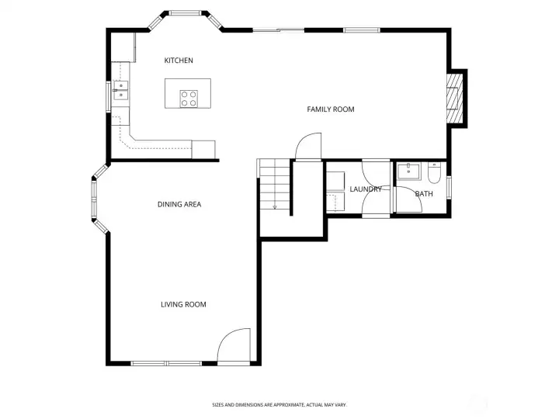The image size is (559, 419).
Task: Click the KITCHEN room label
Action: tap(179, 61)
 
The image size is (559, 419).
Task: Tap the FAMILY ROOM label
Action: tap(331, 109)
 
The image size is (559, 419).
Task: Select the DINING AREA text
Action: tap(179, 205)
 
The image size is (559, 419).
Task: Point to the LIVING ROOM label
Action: tap(183, 305)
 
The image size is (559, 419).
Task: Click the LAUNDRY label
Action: tap(366, 189)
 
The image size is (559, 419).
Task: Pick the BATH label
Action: tap(424, 194)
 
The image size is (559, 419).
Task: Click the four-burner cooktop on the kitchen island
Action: tap(189, 99)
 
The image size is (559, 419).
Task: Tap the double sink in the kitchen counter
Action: tap(120, 90)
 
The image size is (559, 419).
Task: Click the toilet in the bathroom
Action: tap(434, 173)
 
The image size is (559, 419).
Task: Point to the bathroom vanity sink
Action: tap(409, 171)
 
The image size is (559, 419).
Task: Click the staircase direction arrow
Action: tap(275, 207)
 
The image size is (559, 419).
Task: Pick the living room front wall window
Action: tap(166, 363)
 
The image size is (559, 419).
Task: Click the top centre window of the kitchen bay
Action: tap(185, 13)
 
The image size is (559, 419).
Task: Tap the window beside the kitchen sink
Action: tap(109, 97)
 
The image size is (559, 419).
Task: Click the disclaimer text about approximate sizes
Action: tap(279, 405)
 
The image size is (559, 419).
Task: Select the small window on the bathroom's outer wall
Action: tap(449, 188)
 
